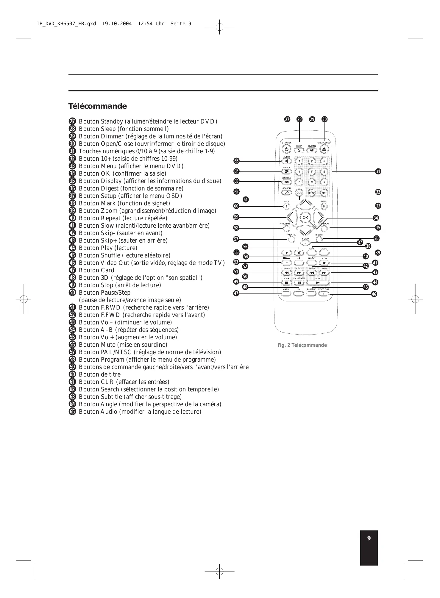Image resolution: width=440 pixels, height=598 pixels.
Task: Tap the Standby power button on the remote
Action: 286,149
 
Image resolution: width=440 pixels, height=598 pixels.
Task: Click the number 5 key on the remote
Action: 311,172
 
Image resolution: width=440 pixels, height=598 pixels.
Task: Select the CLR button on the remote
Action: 299,193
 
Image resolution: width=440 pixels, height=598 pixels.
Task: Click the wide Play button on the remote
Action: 318,282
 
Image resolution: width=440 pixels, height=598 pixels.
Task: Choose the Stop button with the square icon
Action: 286,282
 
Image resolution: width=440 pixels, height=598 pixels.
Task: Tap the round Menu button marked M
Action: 324,206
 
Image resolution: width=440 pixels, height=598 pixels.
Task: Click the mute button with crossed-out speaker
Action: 299,253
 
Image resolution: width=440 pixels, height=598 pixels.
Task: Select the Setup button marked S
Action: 305,243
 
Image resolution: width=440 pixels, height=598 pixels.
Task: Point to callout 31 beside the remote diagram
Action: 378,171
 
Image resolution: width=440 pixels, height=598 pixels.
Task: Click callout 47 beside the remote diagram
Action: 236,293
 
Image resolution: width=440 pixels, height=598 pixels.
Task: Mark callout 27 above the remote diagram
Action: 287,119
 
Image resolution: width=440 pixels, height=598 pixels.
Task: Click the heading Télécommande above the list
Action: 97,106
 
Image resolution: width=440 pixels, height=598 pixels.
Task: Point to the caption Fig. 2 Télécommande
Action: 302,345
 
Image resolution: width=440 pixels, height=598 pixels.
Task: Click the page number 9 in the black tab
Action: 369,538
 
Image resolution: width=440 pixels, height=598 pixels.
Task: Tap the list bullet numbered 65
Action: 72,412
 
